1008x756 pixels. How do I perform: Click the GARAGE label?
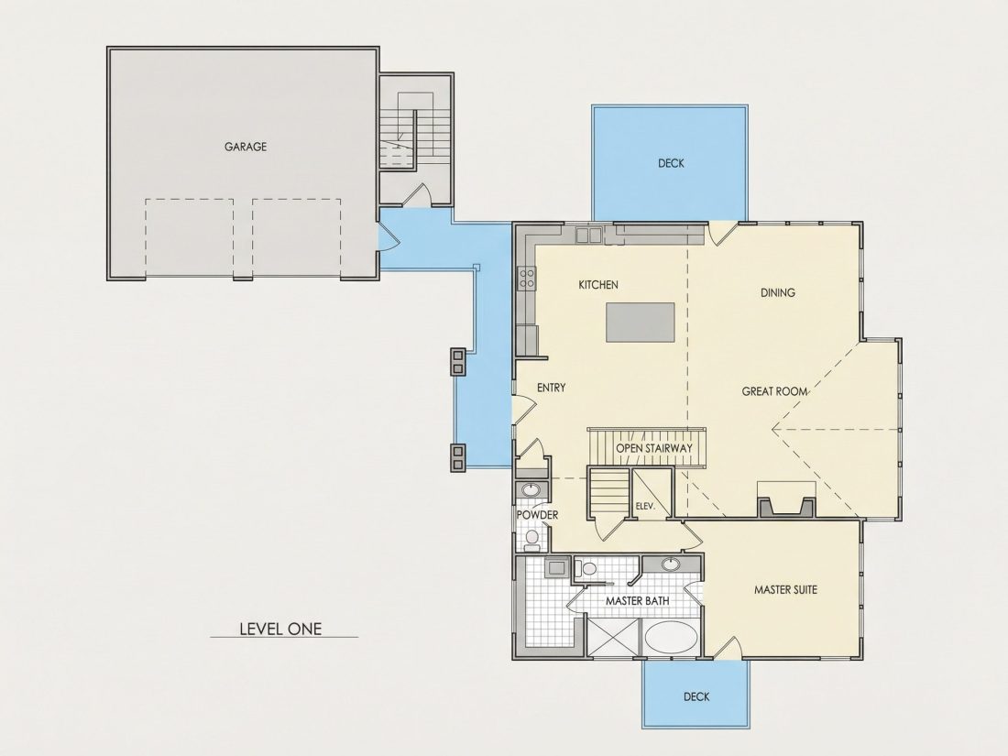[x=245, y=147]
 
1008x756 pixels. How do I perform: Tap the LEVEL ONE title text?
[x=280, y=629]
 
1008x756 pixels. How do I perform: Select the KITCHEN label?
[x=598, y=285]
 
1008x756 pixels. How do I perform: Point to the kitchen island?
[x=641, y=323]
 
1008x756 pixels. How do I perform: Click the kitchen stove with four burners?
[x=527, y=279]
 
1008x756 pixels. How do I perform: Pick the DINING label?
[x=778, y=292]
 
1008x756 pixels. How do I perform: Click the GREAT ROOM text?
[x=774, y=391]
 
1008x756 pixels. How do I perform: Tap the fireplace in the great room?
[x=786, y=499]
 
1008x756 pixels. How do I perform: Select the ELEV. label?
[x=645, y=507]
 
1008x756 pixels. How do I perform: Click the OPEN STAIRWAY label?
[x=653, y=448]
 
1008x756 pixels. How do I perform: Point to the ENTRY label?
[x=551, y=388]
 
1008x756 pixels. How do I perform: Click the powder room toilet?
[x=531, y=539]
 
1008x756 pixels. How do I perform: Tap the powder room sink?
[x=531, y=490]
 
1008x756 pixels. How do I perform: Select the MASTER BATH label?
[x=637, y=600]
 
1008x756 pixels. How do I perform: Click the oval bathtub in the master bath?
[x=670, y=638]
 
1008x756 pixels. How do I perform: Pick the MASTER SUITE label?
[x=785, y=589]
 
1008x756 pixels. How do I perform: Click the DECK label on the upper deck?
[x=671, y=163]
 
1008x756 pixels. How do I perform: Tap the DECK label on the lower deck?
[x=696, y=696]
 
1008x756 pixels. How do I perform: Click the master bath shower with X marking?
[x=613, y=637]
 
